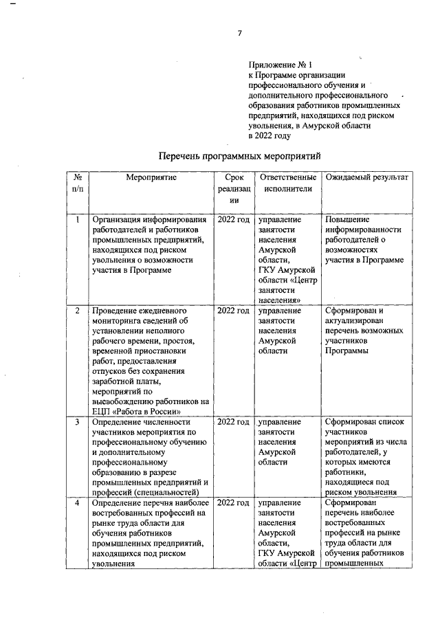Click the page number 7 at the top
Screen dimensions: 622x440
pos(239,33)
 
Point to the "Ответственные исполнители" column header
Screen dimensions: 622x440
pos(287,183)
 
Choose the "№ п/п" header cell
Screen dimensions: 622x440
pos(79,183)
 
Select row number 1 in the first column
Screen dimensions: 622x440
pos(79,220)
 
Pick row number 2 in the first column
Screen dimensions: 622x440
pos(79,311)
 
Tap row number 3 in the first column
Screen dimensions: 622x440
pos(79,421)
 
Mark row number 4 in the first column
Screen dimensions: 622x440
pos(79,503)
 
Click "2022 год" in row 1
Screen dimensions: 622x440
pos(233,220)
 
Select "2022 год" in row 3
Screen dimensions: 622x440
pos(233,421)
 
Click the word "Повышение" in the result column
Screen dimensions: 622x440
pos(347,220)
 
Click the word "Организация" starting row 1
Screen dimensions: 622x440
pos(121,220)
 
